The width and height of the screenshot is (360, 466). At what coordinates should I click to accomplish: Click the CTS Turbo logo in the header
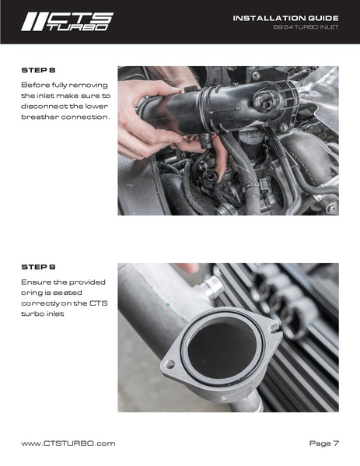click(x=67, y=22)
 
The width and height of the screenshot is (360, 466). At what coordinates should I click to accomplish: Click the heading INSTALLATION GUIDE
click(x=285, y=18)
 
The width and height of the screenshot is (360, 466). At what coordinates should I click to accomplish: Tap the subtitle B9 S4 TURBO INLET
click(x=306, y=27)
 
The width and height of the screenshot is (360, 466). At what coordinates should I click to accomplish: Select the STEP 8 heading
click(x=38, y=71)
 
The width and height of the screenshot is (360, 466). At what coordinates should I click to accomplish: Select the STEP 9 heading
click(x=38, y=267)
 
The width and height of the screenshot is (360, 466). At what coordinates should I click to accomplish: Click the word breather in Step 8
click(x=40, y=117)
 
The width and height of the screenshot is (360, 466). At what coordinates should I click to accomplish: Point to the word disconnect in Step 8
click(x=44, y=106)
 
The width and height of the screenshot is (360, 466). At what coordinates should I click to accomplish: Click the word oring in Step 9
click(x=32, y=293)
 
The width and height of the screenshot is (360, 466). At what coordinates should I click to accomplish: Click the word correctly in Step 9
click(x=40, y=303)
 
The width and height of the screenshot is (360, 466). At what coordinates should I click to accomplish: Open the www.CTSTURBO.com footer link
click(x=68, y=443)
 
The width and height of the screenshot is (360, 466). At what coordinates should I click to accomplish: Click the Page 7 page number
click(x=323, y=443)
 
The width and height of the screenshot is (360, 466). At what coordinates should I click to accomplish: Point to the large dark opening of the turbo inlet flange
click(x=222, y=346)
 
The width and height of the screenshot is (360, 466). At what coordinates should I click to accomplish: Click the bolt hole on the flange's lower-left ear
click(x=170, y=364)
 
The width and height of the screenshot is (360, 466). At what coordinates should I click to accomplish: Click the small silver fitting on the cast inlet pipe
click(x=211, y=286)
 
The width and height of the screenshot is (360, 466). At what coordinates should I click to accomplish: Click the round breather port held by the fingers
click(x=209, y=177)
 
